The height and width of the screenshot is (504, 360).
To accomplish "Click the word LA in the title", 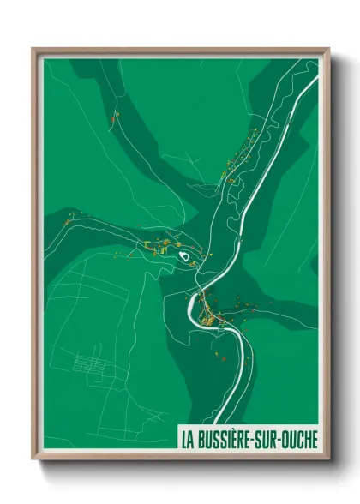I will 186,438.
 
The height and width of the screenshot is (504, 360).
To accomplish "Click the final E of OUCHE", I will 316,438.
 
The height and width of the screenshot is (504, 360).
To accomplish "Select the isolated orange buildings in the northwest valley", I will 114,117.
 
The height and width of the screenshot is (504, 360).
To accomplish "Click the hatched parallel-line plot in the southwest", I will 90,364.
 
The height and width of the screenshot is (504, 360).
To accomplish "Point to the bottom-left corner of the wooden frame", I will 33,459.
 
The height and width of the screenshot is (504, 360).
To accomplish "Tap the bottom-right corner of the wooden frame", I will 328,459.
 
